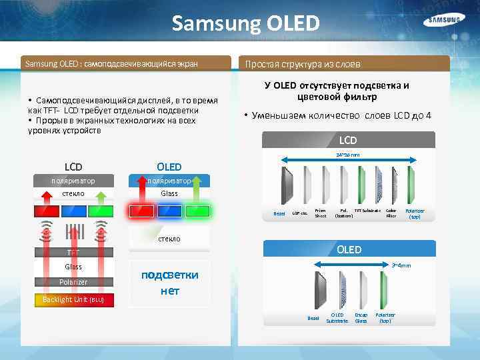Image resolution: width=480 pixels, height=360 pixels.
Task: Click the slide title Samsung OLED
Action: click(x=246, y=24)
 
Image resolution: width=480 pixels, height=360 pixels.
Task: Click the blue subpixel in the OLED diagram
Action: click(x=169, y=211)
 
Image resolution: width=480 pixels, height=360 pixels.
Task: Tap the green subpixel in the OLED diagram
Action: click(x=198, y=211)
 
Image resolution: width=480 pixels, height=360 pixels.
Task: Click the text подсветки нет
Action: click(x=169, y=283)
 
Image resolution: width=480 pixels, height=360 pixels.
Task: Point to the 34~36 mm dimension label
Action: click(x=347, y=155)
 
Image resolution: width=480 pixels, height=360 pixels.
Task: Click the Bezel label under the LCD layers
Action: click(x=279, y=213)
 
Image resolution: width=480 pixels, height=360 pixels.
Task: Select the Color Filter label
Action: click(x=391, y=213)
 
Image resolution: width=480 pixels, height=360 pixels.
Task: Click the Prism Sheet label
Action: click(x=321, y=213)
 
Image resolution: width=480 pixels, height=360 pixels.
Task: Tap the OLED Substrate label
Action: click(x=337, y=318)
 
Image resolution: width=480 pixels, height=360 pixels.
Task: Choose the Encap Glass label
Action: click(x=361, y=318)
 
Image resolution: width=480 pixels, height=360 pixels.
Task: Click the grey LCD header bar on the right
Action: click(x=348, y=140)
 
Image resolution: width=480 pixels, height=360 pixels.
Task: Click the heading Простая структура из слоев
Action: click(x=303, y=65)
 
